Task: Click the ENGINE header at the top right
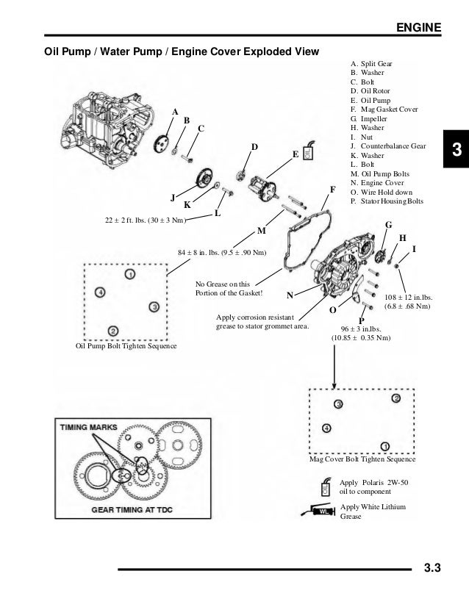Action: click(x=419, y=28)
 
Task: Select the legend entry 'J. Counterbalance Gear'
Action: click(x=388, y=146)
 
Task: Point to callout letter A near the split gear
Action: click(x=176, y=111)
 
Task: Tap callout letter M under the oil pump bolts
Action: click(x=260, y=231)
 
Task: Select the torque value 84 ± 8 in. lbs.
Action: click(x=223, y=254)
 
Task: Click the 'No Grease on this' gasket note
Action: click(x=222, y=283)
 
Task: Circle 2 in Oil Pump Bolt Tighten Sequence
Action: click(x=112, y=330)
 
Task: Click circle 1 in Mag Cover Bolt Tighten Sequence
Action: click(x=385, y=445)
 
